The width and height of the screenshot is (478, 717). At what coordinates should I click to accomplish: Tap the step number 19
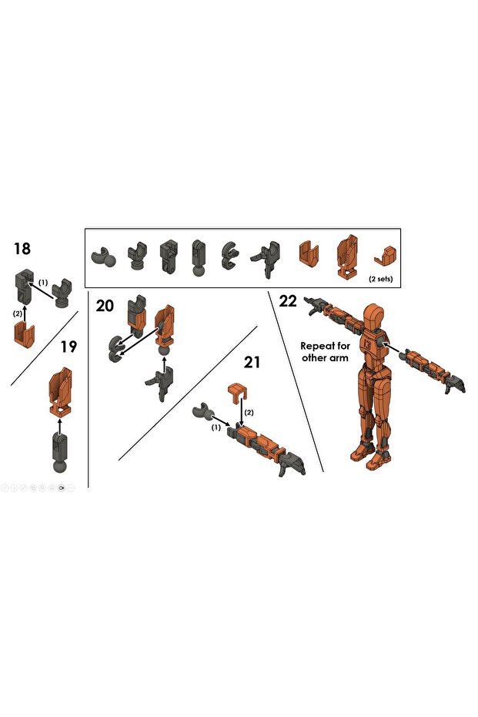click(69, 347)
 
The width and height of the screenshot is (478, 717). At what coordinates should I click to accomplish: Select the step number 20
click(105, 306)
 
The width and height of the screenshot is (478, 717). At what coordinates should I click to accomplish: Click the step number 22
click(288, 301)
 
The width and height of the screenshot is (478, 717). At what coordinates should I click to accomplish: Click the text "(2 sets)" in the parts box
click(380, 279)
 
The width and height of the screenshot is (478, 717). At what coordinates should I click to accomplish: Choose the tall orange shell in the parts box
click(347, 254)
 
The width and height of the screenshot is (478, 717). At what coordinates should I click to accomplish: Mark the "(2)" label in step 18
click(17, 313)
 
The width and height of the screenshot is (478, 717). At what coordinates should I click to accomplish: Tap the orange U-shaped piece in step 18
click(25, 334)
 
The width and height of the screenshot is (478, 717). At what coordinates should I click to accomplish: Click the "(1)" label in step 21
click(216, 427)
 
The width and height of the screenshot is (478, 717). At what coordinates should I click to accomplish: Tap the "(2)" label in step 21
click(249, 413)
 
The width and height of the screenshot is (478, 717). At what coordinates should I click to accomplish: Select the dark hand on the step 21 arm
click(292, 463)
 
